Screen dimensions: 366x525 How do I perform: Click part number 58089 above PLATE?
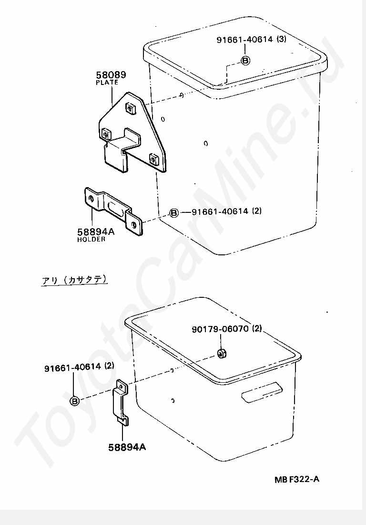[111, 74]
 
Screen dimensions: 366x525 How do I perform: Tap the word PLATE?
[107, 82]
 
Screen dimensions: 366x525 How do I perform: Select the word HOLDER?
[91, 239]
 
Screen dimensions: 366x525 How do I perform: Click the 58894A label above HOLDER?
[96, 231]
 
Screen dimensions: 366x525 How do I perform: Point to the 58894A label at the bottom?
[127, 447]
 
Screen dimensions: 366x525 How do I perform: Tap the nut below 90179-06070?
[221, 353]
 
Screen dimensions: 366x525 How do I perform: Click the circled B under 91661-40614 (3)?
[245, 60]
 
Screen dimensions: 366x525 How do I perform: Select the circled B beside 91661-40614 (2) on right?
[174, 212]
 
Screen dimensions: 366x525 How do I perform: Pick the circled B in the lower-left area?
[75, 401]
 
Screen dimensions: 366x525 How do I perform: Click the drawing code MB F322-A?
[297, 479]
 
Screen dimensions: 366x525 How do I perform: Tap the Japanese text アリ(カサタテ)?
[74, 280]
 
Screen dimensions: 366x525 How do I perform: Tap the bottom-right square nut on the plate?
[154, 159]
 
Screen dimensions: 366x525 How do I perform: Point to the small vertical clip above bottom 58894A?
[121, 402]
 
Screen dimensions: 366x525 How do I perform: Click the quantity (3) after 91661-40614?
[281, 39]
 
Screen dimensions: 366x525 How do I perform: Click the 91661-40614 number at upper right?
[244, 40]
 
